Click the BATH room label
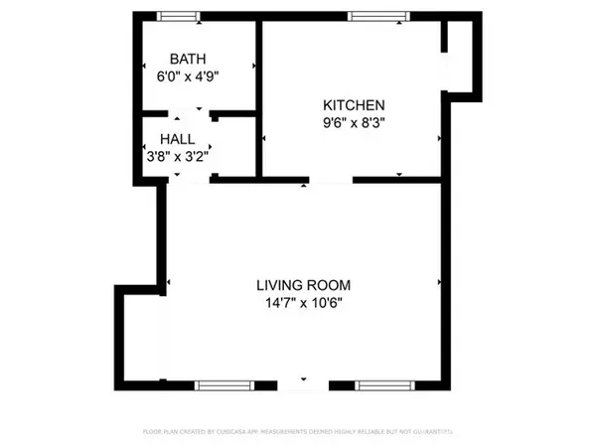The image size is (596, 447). [198, 58]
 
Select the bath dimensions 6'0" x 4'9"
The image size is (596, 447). [198, 74]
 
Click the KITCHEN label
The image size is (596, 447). [353, 105]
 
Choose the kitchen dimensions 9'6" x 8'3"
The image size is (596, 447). [353, 123]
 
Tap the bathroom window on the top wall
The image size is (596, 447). [179, 17]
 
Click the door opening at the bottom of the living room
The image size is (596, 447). [304, 383]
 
